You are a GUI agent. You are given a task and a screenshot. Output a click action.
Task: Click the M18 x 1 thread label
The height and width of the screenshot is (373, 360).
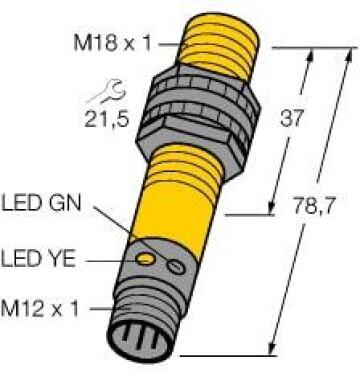[112, 44]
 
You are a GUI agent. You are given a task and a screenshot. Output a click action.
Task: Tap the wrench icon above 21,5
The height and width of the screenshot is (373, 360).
[106, 93]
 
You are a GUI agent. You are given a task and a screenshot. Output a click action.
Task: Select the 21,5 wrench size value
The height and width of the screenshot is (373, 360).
[106, 118]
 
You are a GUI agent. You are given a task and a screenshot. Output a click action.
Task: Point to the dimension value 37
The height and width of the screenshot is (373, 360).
[292, 118]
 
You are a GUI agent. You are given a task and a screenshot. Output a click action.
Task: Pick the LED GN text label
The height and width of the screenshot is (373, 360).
[41, 203]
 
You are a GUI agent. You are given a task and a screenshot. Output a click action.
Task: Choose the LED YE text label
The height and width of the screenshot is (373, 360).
[38, 259]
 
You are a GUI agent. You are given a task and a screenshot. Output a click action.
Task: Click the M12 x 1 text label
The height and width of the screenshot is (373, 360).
[40, 308]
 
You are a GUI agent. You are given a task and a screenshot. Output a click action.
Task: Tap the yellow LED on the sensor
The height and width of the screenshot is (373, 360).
[146, 259]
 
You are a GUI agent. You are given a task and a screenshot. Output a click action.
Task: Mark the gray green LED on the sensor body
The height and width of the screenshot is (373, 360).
[176, 266]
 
